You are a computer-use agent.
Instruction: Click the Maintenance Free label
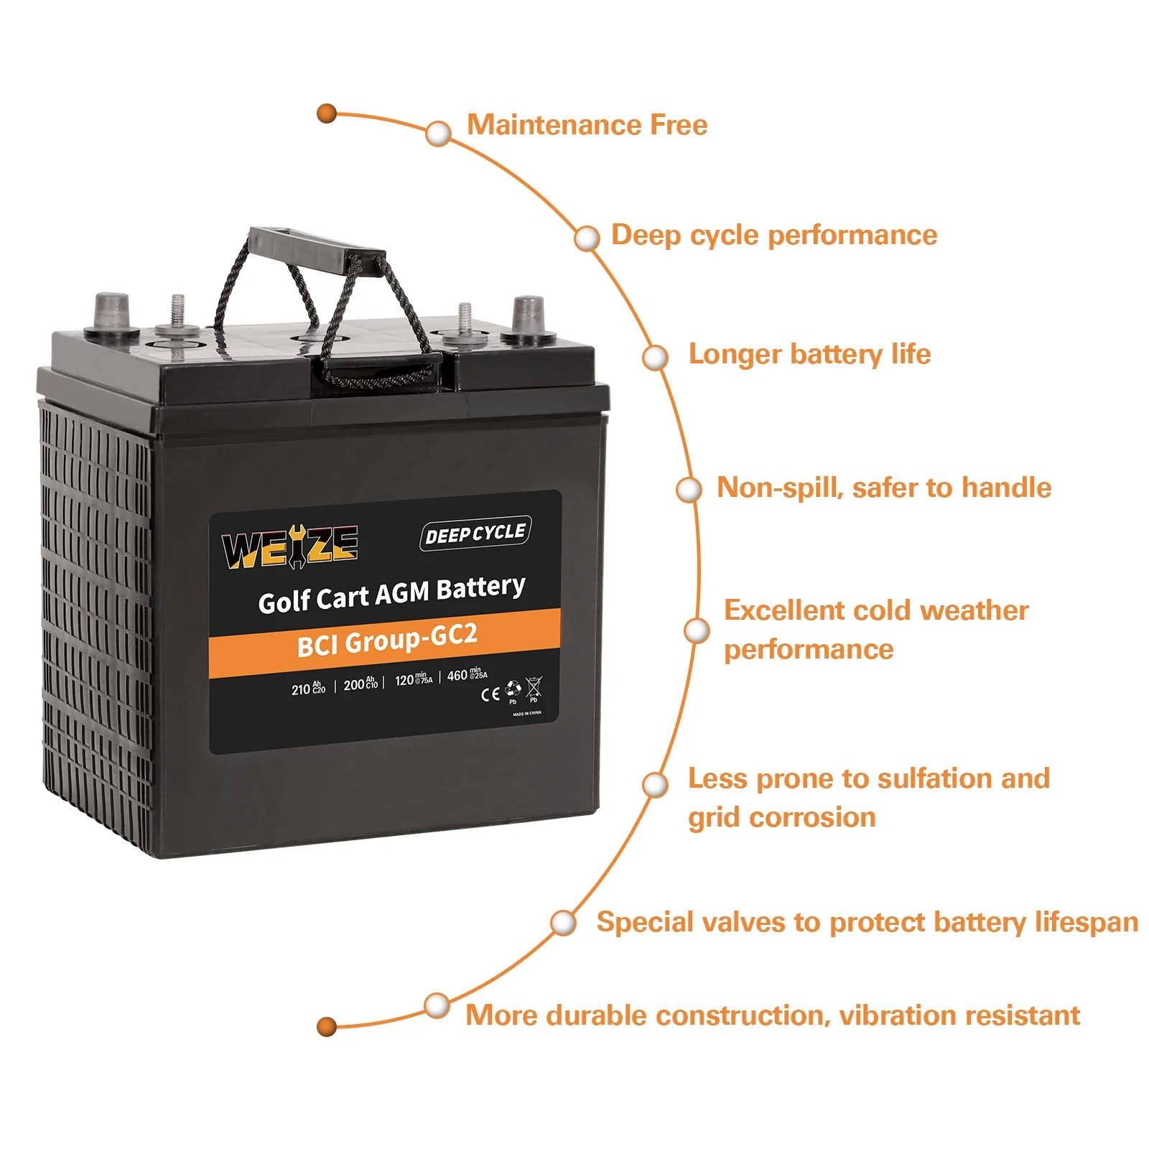tap(587, 125)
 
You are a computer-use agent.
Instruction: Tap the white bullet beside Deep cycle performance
tap(587, 238)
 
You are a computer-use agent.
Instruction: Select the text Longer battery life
tap(809, 354)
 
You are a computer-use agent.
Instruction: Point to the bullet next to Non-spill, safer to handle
tap(689, 490)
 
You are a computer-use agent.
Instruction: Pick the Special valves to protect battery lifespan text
tap(867, 922)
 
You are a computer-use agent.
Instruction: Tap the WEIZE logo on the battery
tap(289, 547)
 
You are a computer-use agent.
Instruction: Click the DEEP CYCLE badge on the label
tap(475, 534)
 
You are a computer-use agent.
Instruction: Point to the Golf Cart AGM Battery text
tap(392, 595)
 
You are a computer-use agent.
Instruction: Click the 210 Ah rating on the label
tap(308, 689)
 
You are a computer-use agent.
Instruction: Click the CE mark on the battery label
tap(490, 694)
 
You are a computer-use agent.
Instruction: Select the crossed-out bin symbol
tap(534, 688)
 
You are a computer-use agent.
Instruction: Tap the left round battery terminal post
tap(111, 315)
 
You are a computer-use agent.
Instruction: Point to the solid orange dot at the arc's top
tap(327, 113)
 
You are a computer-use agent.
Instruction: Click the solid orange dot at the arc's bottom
tap(327, 1026)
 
